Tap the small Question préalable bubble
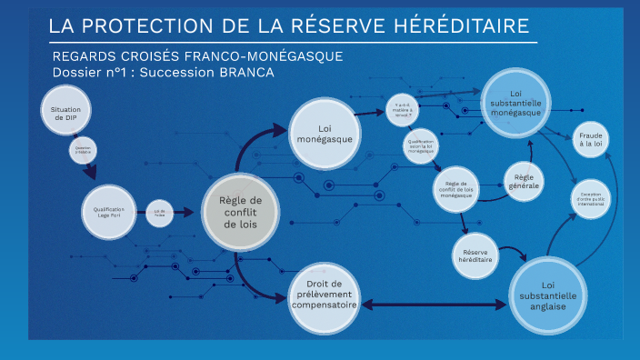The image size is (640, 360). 83,152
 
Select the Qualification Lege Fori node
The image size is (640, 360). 108,212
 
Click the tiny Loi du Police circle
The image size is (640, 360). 160,212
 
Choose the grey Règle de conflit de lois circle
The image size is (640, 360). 242,212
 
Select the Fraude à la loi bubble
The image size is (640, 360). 592,138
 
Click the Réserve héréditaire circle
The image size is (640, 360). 477,254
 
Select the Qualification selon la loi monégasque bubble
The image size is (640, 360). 421,145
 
